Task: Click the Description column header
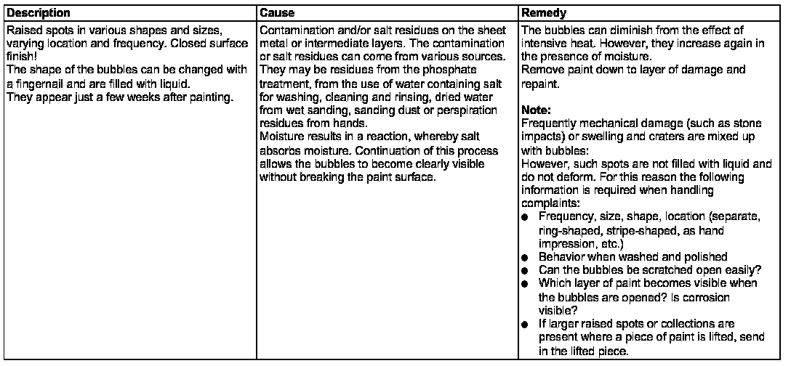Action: (x=39, y=13)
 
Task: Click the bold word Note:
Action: (x=537, y=110)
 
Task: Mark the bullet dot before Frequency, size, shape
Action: (x=525, y=218)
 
